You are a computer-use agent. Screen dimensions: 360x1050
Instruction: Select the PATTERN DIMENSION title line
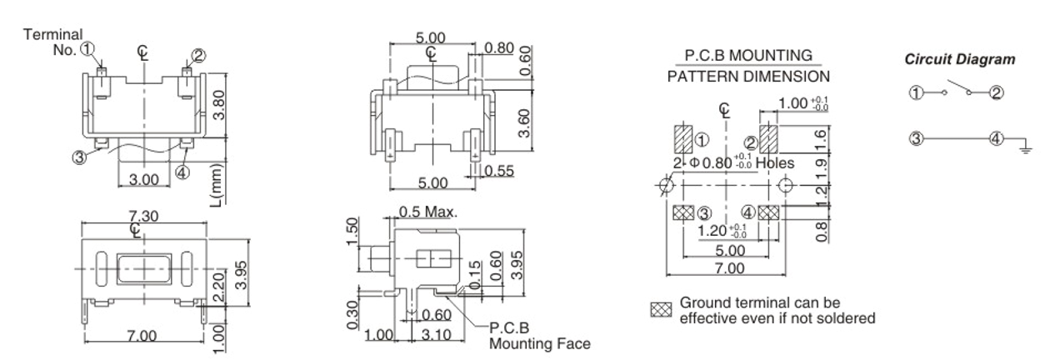(747, 76)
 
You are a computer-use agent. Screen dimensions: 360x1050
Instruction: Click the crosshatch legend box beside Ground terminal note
(659, 310)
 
